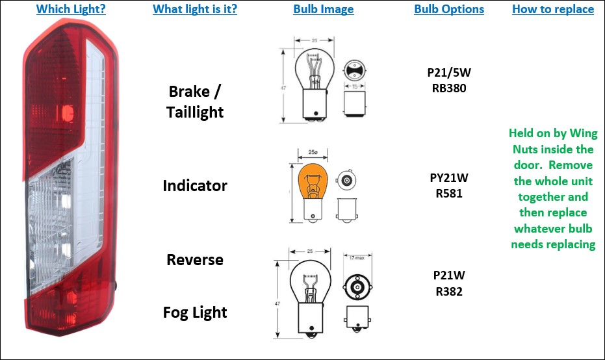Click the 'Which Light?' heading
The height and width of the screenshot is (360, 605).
coord(71,9)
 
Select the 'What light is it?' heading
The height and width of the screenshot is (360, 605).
coord(195,9)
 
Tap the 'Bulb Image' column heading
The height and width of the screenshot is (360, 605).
coord(324,9)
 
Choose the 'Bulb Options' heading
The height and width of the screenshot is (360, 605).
coord(449,9)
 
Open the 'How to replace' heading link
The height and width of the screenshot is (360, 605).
coord(553,9)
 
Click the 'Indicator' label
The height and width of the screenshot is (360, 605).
coord(195,186)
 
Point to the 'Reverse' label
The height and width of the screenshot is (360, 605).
coord(195,260)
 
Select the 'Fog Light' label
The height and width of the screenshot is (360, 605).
coord(195,313)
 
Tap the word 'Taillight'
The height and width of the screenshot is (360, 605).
coord(195,112)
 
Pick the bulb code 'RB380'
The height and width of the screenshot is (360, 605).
coord(449,88)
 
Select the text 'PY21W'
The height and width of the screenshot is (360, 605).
coord(449,177)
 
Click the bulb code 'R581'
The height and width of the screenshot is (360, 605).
coord(449,193)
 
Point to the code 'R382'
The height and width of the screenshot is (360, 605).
coord(449,291)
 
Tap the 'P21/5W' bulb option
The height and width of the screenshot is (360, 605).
coord(449,71)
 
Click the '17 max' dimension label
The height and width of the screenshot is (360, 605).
coord(356,259)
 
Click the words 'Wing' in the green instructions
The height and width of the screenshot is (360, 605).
coord(584,133)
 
